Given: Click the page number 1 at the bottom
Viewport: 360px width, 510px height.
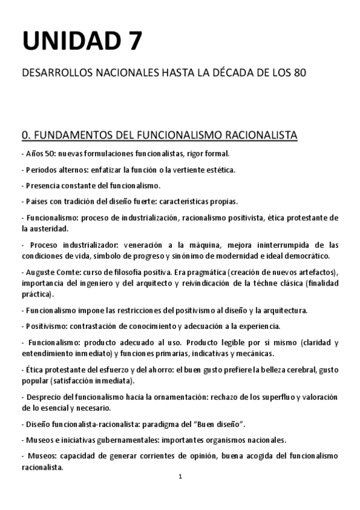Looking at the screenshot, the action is tap(180, 477).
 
